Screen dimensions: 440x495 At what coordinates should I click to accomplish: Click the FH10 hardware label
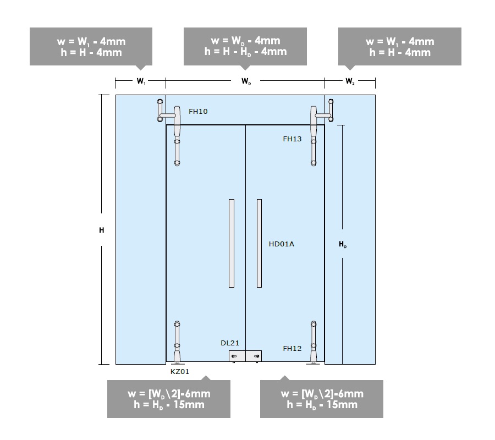tap(198, 112)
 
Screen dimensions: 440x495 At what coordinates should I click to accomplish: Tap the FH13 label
tap(292, 139)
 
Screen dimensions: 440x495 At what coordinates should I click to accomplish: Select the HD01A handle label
tap(281, 244)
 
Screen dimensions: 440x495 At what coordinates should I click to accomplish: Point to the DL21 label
tap(230, 343)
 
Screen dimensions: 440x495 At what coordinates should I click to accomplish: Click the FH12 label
tap(292, 348)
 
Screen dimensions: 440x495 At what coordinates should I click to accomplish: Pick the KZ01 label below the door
tap(179, 372)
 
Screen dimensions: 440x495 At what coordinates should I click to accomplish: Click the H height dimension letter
tap(101, 230)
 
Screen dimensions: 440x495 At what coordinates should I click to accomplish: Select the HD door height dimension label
tap(343, 244)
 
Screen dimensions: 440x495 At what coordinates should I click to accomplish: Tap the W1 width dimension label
tap(141, 81)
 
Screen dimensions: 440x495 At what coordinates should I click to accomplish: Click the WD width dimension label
tap(245, 81)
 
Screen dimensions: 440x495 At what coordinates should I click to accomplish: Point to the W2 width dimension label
tap(350, 81)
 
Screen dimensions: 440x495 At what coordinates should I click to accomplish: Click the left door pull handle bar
tap(232, 243)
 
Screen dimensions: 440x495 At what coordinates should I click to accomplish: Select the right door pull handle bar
tap(259, 243)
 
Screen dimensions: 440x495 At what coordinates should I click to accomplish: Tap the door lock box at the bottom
tap(245, 356)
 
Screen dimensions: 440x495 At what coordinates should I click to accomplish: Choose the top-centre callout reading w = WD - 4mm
tap(245, 46)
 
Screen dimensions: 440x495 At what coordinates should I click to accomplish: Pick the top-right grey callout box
tap(400, 47)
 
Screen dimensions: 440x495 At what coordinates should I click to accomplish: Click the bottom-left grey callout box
tap(168, 399)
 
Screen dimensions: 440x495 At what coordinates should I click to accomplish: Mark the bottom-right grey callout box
tap(322, 399)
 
